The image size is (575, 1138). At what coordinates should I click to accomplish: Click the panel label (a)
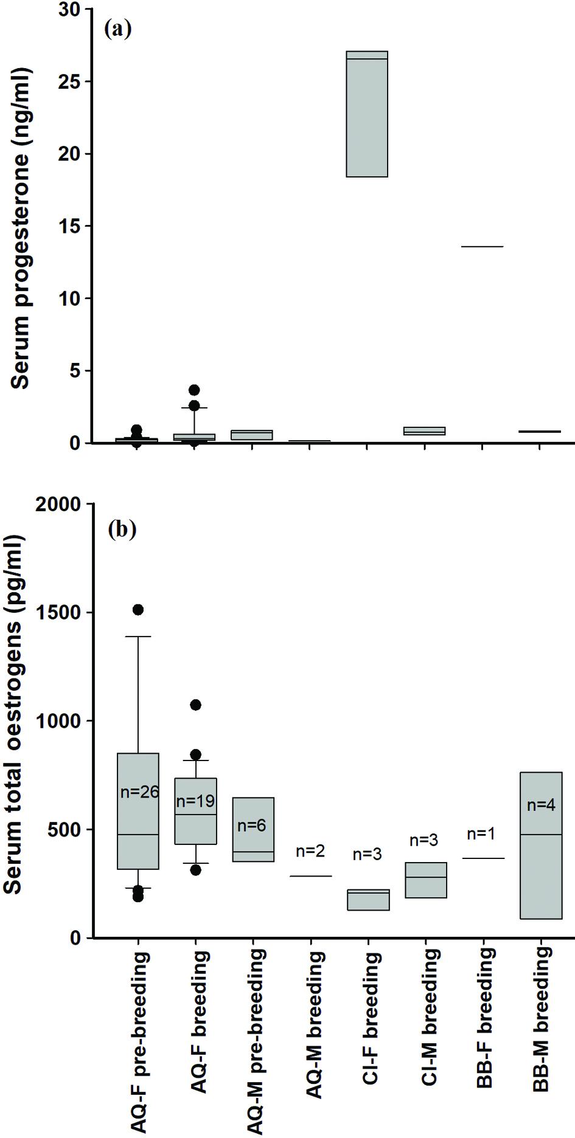(118, 29)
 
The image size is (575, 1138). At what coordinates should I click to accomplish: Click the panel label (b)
(122, 529)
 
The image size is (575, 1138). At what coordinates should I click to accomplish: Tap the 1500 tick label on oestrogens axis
(58, 613)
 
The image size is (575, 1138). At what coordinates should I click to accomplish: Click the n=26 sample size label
(139, 791)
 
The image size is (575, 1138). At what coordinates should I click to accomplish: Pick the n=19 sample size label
(195, 801)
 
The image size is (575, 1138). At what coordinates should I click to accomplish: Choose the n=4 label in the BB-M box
(541, 805)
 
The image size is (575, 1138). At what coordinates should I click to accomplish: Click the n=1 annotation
(481, 834)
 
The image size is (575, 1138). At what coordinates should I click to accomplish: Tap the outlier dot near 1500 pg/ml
(138, 610)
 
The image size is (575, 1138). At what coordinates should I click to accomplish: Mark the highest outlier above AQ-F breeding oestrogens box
(195, 705)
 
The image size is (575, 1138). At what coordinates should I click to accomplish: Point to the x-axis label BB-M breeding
(541, 1019)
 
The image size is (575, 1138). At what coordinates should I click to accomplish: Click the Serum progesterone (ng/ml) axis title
(20, 229)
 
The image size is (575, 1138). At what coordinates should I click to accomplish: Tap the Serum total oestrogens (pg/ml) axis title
(13, 714)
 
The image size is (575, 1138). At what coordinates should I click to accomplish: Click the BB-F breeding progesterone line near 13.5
(483, 247)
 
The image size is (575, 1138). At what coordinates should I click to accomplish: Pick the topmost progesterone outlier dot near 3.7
(194, 390)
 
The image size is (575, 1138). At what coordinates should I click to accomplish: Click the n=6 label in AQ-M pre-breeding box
(252, 826)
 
